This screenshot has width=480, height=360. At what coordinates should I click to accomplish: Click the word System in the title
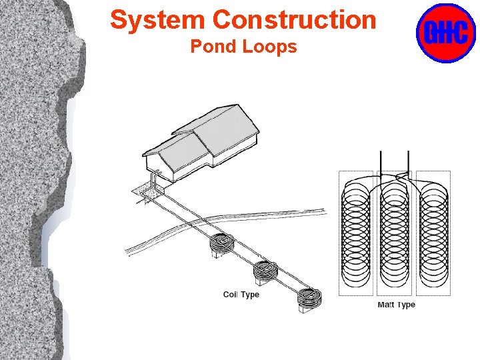coord(157,20)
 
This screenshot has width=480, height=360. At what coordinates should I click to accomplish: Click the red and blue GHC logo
coord(445,32)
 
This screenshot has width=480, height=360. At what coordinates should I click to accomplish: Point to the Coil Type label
coord(241,295)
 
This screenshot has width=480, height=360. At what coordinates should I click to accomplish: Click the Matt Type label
coord(396,305)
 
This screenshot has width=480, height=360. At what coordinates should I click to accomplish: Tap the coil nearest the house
coord(223,244)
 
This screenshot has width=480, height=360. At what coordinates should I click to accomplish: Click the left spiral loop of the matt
coord(357,233)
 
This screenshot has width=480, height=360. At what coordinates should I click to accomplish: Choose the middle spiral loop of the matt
coord(394,233)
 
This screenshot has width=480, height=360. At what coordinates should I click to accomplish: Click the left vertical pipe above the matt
coord(381,163)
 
